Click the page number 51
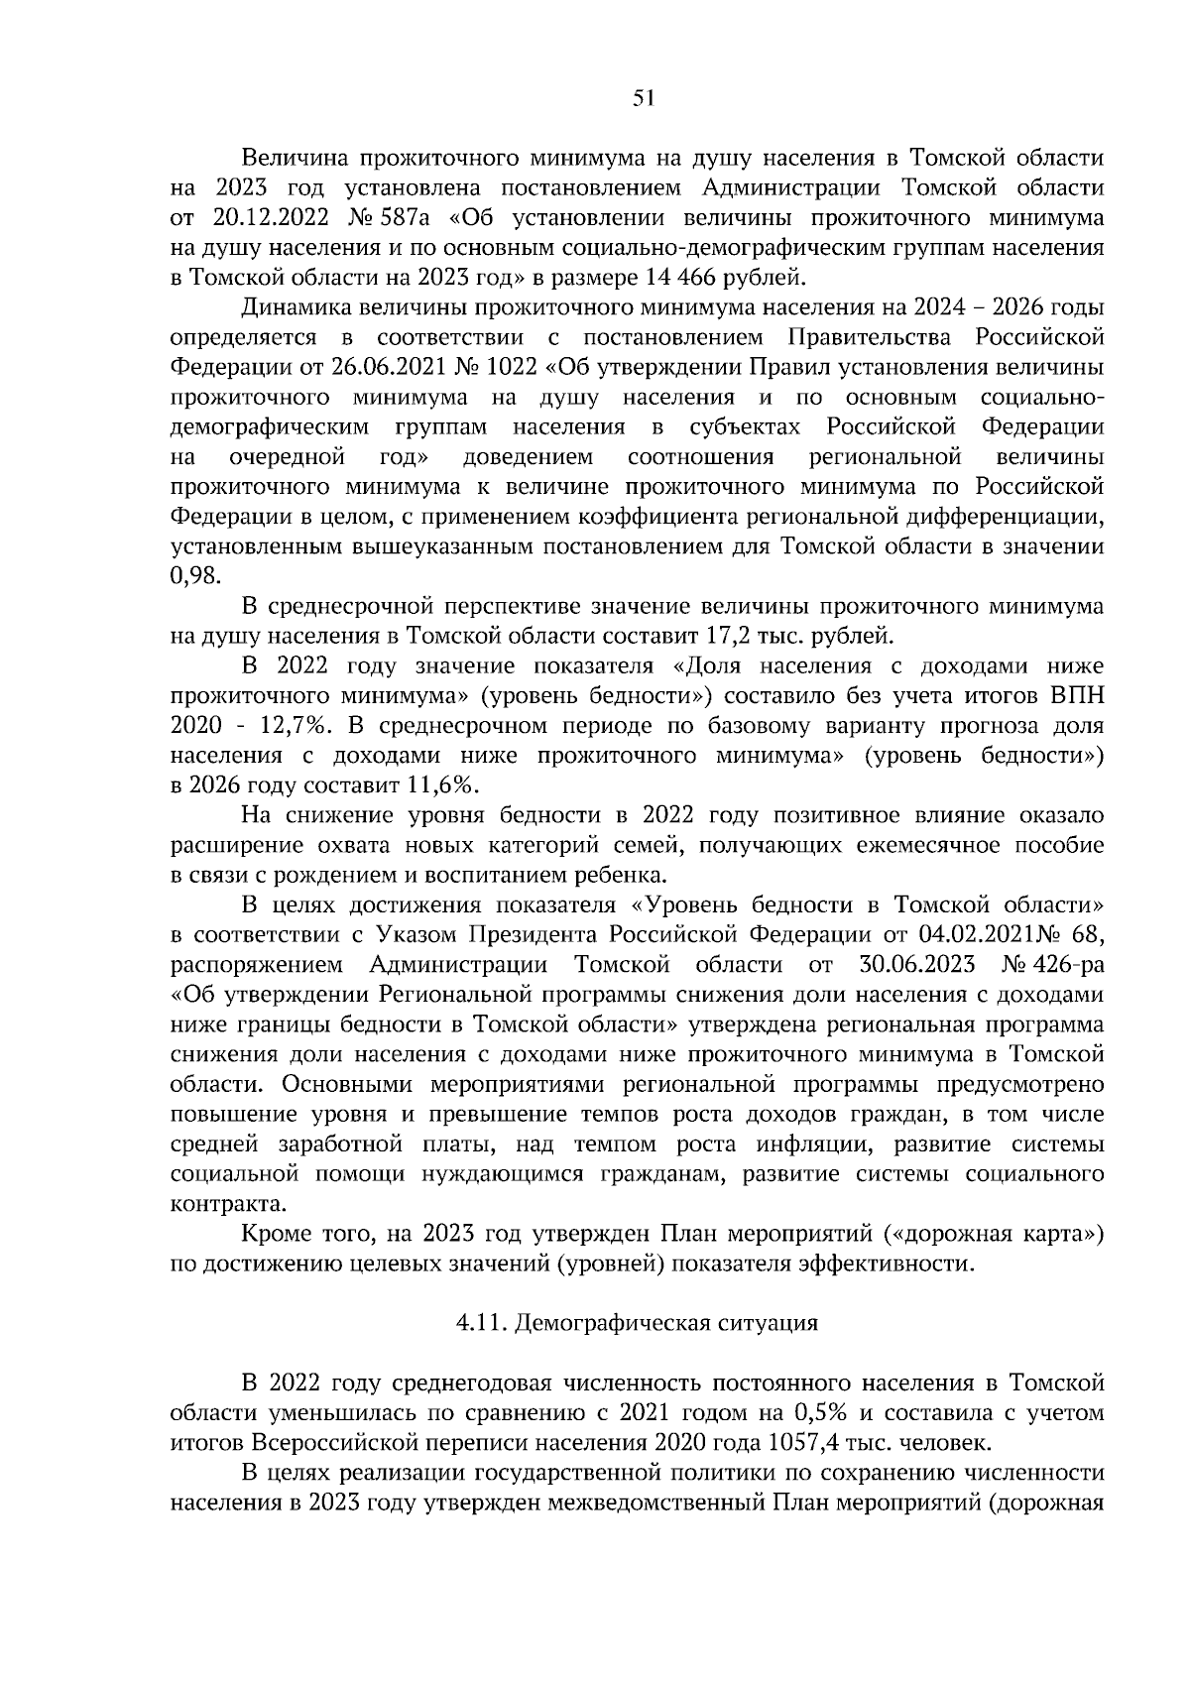coord(644,97)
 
